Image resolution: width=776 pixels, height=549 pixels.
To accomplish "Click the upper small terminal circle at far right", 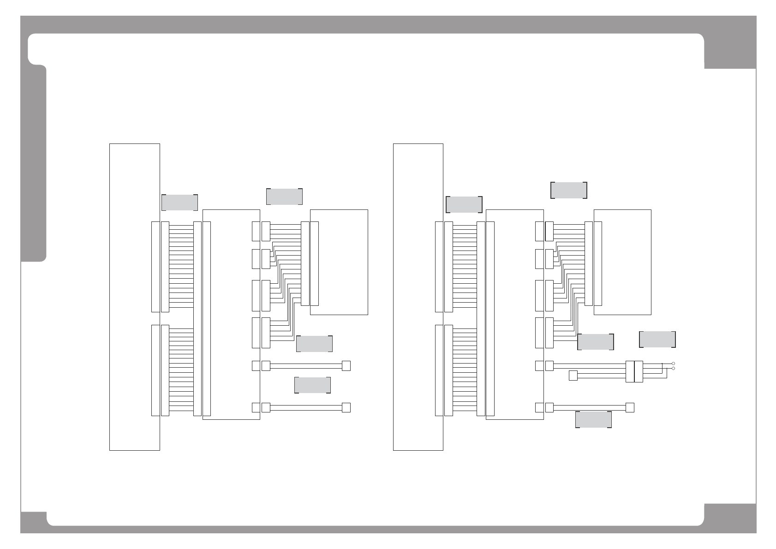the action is pyautogui.click(x=674, y=364).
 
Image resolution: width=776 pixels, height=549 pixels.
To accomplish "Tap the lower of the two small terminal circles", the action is pyautogui.click(x=674, y=368).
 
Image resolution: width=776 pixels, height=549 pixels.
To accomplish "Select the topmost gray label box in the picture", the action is pyautogui.click(x=568, y=190).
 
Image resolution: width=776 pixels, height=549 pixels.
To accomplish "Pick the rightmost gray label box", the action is pyautogui.click(x=657, y=340).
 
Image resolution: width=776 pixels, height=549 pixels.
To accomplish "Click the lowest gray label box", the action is pyautogui.click(x=593, y=419).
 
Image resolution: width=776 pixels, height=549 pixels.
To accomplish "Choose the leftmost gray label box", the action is pyautogui.click(x=179, y=203).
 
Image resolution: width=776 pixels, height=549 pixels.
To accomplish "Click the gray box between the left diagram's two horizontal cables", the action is pyautogui.click(x=312, y=385).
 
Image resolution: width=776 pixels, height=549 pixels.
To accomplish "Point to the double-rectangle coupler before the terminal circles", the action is pyautogui.click(x=634, y=371).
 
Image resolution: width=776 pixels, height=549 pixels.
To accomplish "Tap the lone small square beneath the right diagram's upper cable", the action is pyautogui.click(x=573, y=376).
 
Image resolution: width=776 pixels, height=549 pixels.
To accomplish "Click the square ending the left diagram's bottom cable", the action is pyautogui.click(x=346, y=408).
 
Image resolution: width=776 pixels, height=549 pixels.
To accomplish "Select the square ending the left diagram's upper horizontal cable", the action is pyautogui.click(x=346, y=366).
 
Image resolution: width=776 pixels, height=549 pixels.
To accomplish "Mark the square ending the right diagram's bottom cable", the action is pyautogui.click(x=630, y=408).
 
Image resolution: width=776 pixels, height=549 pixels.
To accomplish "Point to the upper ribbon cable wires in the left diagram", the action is pyautogui.click(x=181, y=266).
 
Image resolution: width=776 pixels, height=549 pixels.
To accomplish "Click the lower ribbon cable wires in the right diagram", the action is pyautogui.click(x=465, y=370).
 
